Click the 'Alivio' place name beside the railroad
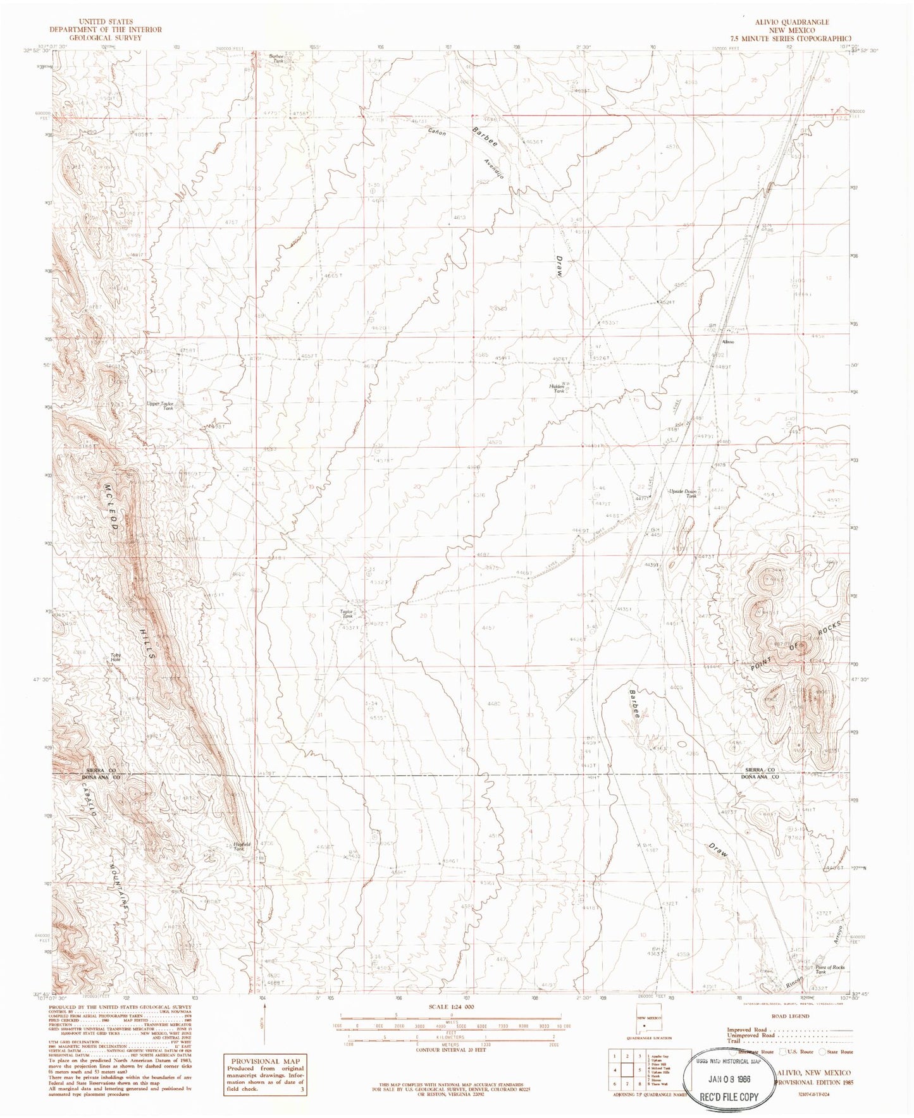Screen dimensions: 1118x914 (x=727, y=342)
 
